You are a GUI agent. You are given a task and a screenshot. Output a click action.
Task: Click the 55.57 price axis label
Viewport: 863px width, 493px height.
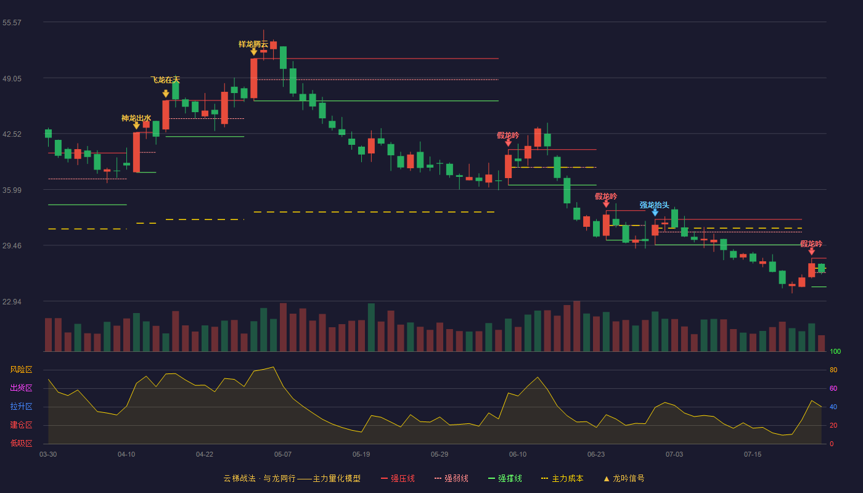(x=12, y=23)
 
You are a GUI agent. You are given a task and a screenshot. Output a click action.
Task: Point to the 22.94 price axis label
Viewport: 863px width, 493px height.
(x=12, y=301)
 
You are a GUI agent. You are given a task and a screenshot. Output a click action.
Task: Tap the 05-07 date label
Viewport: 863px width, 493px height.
(x=283, y=455)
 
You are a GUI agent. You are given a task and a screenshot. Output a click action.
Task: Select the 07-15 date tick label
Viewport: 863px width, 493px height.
(x=753, y=455)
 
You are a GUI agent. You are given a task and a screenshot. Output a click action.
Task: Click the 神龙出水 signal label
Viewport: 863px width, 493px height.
(x=136, y=118)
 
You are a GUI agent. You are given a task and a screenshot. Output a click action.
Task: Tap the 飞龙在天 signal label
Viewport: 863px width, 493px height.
(x=165, y=79)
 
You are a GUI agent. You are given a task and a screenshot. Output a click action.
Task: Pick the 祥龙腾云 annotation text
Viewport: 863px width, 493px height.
(x=253, y=44)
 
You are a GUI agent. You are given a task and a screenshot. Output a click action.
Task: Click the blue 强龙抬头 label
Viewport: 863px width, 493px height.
(x=654, y=205)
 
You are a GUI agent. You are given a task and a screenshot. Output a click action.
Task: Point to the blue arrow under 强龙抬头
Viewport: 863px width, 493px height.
(x=655, y=212)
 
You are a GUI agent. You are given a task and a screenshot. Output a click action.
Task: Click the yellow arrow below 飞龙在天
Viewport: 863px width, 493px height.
(x=166, y=94)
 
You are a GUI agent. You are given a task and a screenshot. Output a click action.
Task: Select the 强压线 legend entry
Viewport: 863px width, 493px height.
(x=398, y=478)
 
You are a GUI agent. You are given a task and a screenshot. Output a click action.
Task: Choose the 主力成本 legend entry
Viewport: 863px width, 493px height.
(x=562, y=478)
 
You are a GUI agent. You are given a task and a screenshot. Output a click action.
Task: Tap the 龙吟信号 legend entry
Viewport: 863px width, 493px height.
(x=624, y=478)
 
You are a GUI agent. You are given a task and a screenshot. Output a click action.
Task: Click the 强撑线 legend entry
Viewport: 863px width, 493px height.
(x=505, y=478)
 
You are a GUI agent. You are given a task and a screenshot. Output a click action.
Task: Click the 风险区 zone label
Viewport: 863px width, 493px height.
(x=21, y=369)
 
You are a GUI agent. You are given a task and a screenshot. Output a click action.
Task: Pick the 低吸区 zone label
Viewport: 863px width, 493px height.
(x=21, y=443)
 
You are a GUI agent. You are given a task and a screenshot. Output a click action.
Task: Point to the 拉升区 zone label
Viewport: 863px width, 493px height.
(x=21, y=406)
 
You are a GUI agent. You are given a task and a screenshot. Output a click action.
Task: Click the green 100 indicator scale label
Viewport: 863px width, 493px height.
(x=835, y=351)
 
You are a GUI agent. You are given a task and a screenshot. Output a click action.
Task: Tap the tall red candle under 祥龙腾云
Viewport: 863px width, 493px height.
(x=254, y=78)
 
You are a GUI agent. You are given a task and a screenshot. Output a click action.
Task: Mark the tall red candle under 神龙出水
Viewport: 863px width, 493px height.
(x=136, y=152)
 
